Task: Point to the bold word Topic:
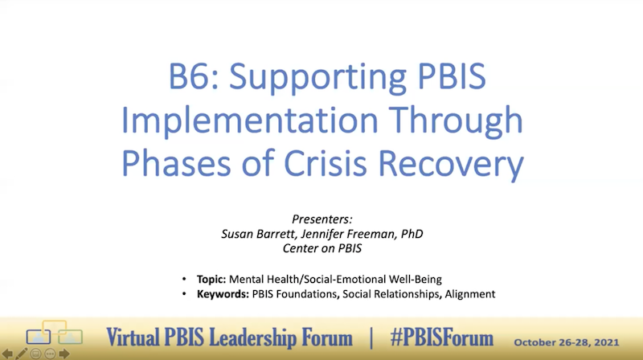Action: [211, 280]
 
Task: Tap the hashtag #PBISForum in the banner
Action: [440, 334]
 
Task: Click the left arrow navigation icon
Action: [7, 353]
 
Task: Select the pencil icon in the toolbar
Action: [22, 353]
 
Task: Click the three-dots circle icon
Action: [51, 353]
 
